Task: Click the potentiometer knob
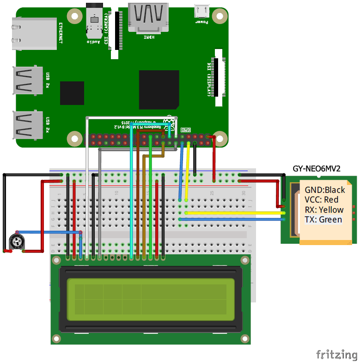tap(17, 241)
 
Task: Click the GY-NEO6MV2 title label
tap(317, 169)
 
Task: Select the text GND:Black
tap(325, 190)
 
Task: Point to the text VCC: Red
tap(321, 200)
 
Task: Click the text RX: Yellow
tap(324, 209)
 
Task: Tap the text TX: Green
tap(323, 219)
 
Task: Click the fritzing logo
tap(336, 355)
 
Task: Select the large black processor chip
tap(159, 90)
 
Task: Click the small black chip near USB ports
tap(72, 93)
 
